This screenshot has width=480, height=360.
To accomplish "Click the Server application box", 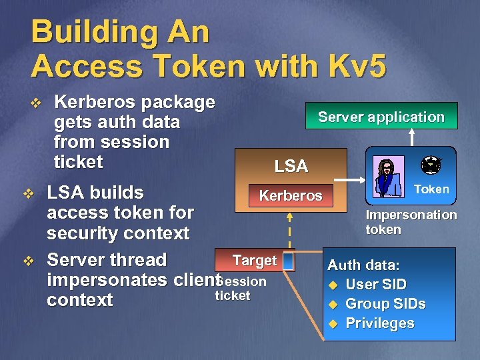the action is pyautogui.click(x=381, y=116).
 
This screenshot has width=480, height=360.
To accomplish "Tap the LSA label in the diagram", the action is pyautogui.click(x=291, y=166).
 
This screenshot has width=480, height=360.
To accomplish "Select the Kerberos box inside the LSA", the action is pyautogui.click(x=290, y=196).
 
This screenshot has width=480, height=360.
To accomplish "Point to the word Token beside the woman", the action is pyautogui.click(x=431, y=189).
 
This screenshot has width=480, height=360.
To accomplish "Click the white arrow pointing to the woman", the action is pyautogui.click(x=350, y=180).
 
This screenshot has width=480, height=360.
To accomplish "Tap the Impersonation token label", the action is pyautogui.click(x=411, y=222).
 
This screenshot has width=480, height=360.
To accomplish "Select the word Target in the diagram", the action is pyautogui.click(x=254, y=260).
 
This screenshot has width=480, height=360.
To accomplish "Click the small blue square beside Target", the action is pyautogui.click(x=288, y=261).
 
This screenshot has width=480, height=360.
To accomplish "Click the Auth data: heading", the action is pyautogui.click(x=363, y=265).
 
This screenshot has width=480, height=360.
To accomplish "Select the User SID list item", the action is pyautogui.click(x=375, y=284).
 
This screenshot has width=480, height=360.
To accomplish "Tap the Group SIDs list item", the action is pyautogui.click(x=385, y=304).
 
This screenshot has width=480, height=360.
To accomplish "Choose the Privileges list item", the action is pyautogui.click(x=379, y=323).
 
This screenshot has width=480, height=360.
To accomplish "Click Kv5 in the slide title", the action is pyautogui.click(x=352, y=66).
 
